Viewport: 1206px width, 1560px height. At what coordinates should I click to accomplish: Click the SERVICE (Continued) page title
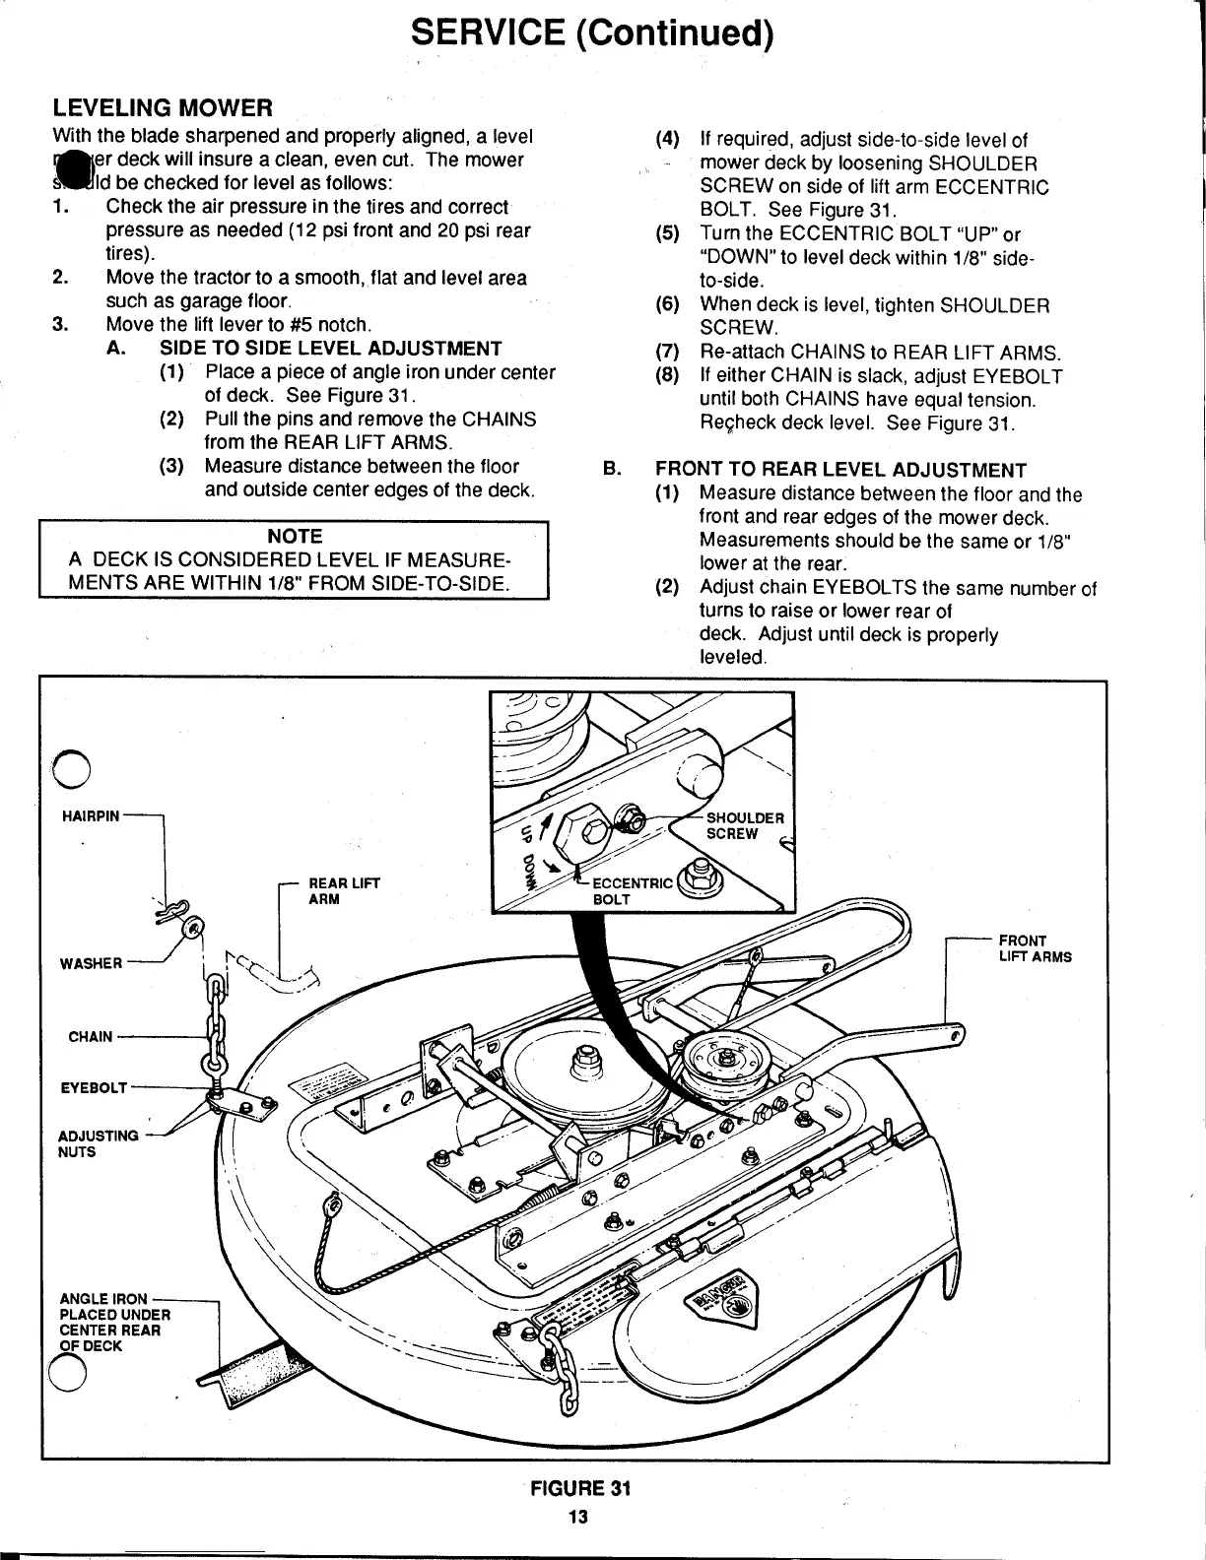coord(591,33)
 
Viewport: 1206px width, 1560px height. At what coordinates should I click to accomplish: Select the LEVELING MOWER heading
coord(162,106)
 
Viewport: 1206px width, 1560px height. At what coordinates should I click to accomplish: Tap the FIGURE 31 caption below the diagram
coord(578,1488)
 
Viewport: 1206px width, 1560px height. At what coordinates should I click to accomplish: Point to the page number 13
coord(577,1517)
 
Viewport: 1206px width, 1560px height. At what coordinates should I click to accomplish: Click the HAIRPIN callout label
coord(91,816)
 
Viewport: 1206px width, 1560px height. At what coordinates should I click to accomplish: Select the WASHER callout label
coord(92,963)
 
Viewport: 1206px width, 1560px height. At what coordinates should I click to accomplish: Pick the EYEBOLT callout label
coord(94,1088)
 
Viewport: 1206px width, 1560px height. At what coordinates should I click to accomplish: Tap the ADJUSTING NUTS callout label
coord(99,1143)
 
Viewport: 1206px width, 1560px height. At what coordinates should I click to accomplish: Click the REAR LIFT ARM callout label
coord(330,891)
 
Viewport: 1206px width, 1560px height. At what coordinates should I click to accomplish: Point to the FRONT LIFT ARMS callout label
coord(1035,948)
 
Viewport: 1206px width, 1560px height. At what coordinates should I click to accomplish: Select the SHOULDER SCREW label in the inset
coord(744,825)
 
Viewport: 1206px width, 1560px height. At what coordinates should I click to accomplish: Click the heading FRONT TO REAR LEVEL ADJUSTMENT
coord(840,471)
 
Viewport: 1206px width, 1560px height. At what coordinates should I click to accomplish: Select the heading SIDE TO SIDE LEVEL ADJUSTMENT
coord(330,349)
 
